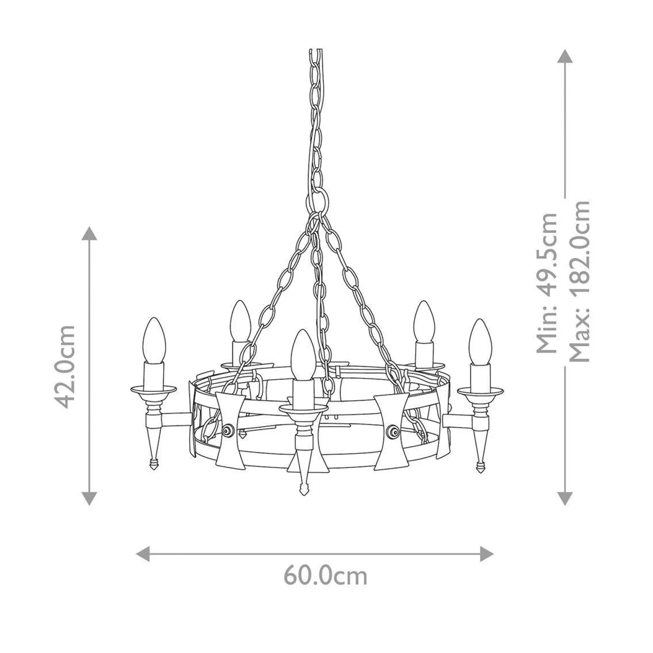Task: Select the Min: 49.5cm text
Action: click(547, 282)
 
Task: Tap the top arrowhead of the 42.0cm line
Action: click(89, 234)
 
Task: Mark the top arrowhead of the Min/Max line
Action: click(564, 56)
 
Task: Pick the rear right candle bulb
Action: click(423, 321)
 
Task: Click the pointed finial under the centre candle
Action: click(303, 490)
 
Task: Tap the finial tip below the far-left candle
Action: click(153, 463)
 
